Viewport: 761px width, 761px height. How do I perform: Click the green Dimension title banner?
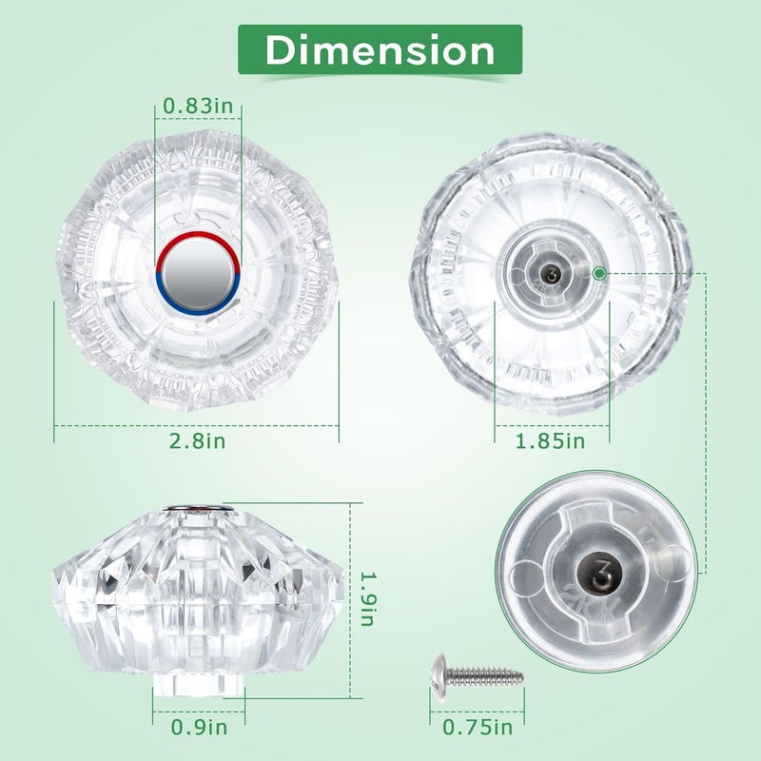click(x=380, y=49)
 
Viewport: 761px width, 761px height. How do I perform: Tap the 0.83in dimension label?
click(x=198, y=106)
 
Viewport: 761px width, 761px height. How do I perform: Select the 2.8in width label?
click(x=197, y=441)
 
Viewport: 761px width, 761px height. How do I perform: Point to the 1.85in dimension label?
click(x=550, y=441)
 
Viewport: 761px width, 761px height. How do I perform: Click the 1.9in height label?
click(x=367, y=598)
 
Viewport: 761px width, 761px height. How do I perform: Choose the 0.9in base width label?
click(x=199, y=727)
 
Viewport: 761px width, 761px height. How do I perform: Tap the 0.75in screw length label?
click(x=478, y=727)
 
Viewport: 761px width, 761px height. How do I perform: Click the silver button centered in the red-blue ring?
click(x=198, y=274)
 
